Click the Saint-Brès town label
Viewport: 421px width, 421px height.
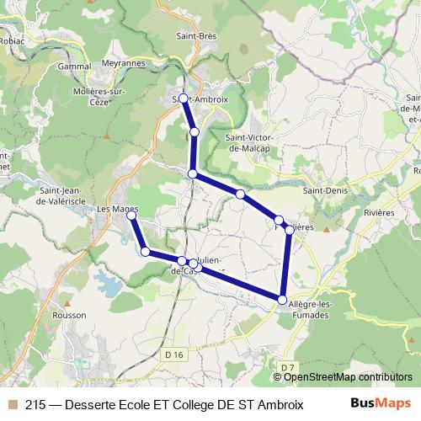tap(197, 36)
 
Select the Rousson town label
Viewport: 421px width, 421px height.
tap(69, 315)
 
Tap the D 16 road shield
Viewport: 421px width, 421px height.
tap(173, 355)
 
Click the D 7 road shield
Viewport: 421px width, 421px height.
tap(288, 367)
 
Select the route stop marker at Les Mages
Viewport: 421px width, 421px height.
tap(131, 216)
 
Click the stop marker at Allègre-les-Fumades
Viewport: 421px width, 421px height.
tap(282, 299)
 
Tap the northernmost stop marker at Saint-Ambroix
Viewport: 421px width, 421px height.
tap(184, 99)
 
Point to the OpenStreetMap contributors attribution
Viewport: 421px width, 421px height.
tap(341, 376)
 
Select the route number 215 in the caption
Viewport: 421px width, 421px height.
tap(36, 403)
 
